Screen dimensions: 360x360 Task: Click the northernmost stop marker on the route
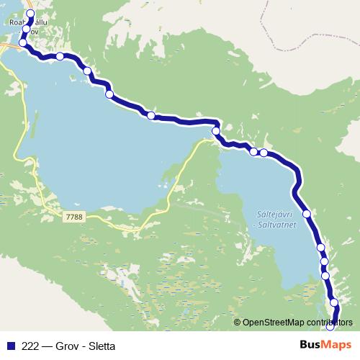[30, 14]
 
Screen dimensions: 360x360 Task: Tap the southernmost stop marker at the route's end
[330, 326]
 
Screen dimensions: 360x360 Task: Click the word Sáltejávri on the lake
[274, 215]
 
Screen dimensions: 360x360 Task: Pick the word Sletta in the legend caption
[104, 346]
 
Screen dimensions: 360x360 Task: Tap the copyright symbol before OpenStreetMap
[238, 322]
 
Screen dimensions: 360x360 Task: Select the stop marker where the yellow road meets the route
[215, 132]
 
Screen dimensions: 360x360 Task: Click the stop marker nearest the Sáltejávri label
[307, 214]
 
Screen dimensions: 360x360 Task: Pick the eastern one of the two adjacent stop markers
[264, 153]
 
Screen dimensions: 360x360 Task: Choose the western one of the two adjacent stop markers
[253, 151]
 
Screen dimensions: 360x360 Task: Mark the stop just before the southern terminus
[333, 302]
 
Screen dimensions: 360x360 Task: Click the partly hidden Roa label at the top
[16, 22]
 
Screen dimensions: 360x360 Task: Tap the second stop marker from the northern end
[26, 30]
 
